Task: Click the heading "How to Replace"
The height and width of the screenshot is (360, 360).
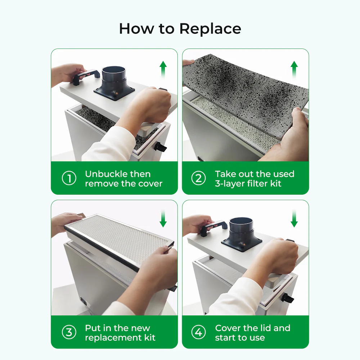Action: point(180,28)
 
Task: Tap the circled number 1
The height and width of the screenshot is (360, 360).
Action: point(69,179)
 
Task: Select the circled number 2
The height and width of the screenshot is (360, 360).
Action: point(198,179)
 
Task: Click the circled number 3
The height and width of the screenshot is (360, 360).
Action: point(69,333)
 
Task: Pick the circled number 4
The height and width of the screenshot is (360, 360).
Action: point(198,333)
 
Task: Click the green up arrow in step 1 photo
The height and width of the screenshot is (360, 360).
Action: point(163,68)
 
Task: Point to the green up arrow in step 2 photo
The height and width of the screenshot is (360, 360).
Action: point(294,68)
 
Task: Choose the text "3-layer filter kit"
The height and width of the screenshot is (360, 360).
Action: point(248,184)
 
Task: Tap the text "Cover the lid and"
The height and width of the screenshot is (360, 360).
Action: point(252,328)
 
